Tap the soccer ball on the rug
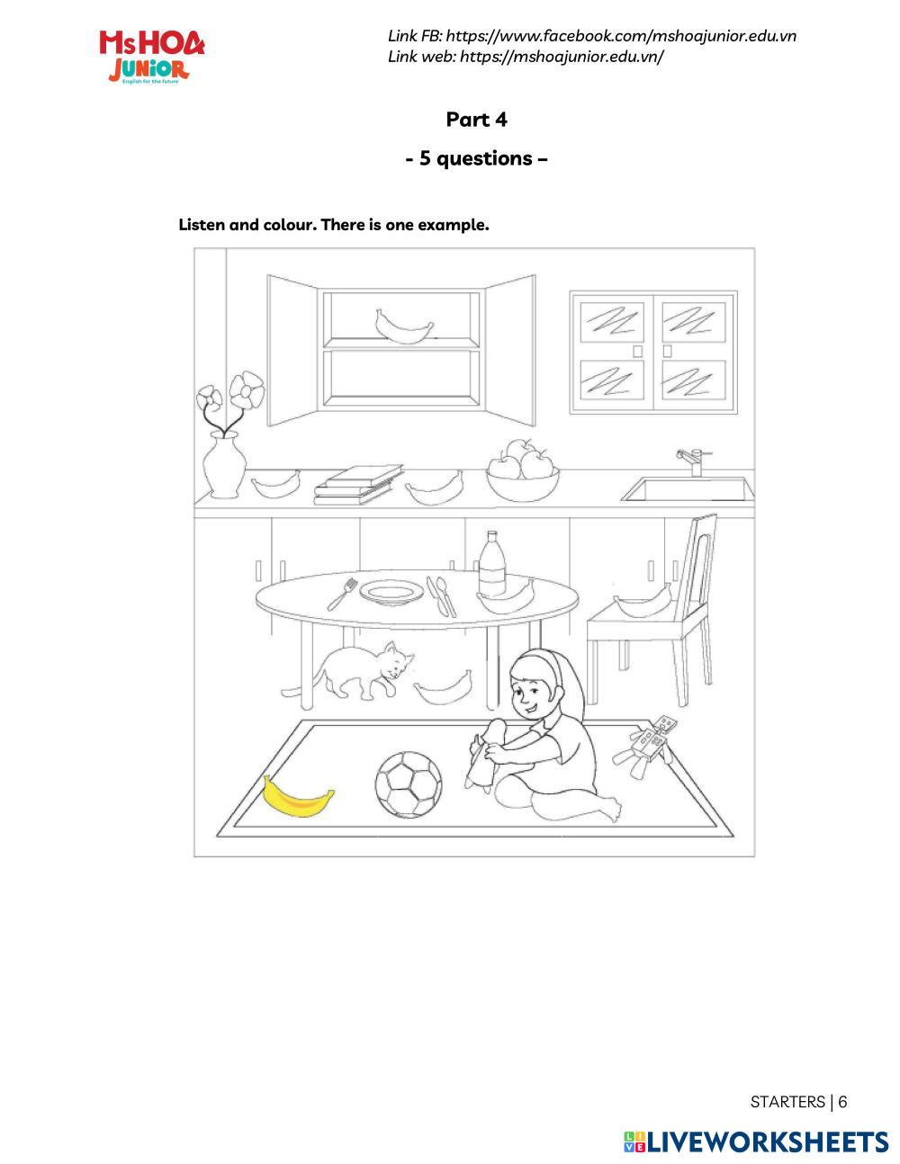[x=409, y=784]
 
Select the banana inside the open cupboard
[x=403, y=327]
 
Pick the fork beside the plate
[x=341, y=594]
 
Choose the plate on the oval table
[x=391, y=592]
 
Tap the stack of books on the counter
[x=354, y=487]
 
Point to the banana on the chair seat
[x=642, y=602]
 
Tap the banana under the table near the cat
[x=443, y=688]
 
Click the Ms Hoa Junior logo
[x=151, y=56]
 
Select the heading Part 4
[x=476, y=120]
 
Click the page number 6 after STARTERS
[x=842, y=1102]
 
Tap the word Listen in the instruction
[x=202, y=225]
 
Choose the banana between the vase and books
[x=275, y=486]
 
